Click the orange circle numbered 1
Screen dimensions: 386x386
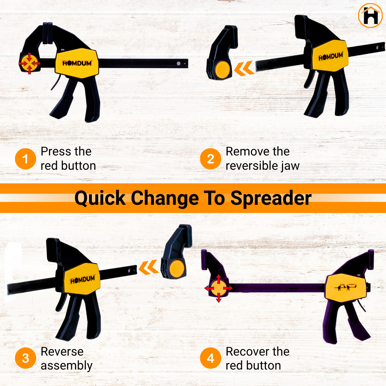(x=26, y=159)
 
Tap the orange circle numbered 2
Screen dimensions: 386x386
(x=211, y=159)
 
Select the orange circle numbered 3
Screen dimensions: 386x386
(x=26, y=358)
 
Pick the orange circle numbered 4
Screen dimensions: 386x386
(x=211, y=358)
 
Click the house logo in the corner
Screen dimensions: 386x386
(x=370, y=15)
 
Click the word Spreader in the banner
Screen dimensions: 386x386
(x=271, y=198)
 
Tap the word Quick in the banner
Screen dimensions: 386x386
(x=100, y=198)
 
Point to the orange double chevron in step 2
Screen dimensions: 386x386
(x=244, y=68)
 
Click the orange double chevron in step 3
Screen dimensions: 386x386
(x=149, y=267)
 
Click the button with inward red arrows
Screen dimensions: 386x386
(x=29, y=63)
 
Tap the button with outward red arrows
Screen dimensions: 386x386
(x=219, y=288)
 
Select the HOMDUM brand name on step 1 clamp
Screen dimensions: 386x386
(x=77, y=63)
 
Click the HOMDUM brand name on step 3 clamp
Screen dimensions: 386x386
(x=83, y=279)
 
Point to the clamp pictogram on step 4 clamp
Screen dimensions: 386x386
(x=346, y=287)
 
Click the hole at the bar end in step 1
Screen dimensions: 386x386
(x=179, y=64)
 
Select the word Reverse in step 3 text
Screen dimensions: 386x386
(x=62, y=352)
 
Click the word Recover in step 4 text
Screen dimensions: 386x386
(x=247, y=352)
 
